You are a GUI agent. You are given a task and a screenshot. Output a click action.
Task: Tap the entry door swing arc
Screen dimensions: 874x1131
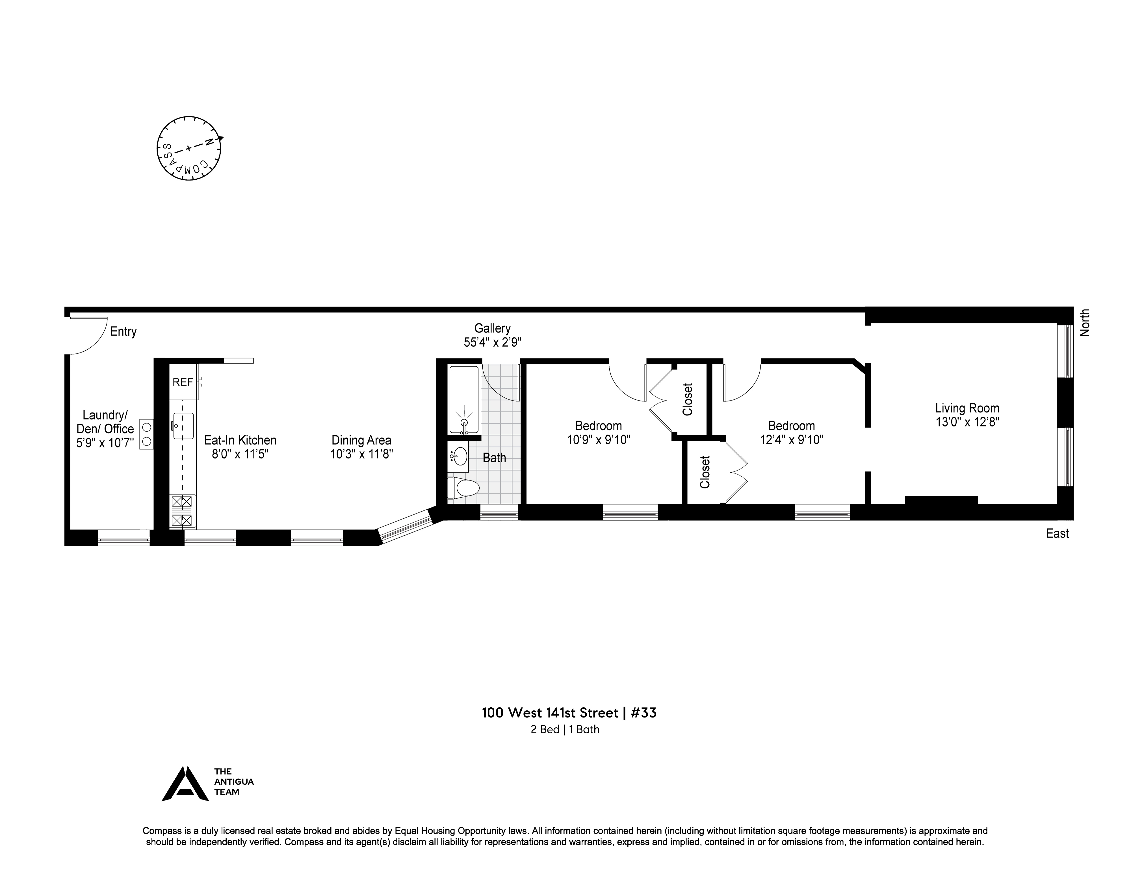[89, 336]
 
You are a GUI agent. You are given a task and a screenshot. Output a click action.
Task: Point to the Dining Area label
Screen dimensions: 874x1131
[361, 440]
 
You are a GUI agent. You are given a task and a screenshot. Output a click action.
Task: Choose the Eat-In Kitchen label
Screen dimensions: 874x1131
[240, 440]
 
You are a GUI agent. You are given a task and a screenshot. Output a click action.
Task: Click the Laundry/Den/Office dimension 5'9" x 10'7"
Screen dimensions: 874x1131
[105, 443]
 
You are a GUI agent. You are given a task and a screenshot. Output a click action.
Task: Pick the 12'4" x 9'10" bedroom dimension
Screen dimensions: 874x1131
[791, 440]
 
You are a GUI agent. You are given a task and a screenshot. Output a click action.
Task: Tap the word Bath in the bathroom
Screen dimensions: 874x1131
[494, 458]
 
